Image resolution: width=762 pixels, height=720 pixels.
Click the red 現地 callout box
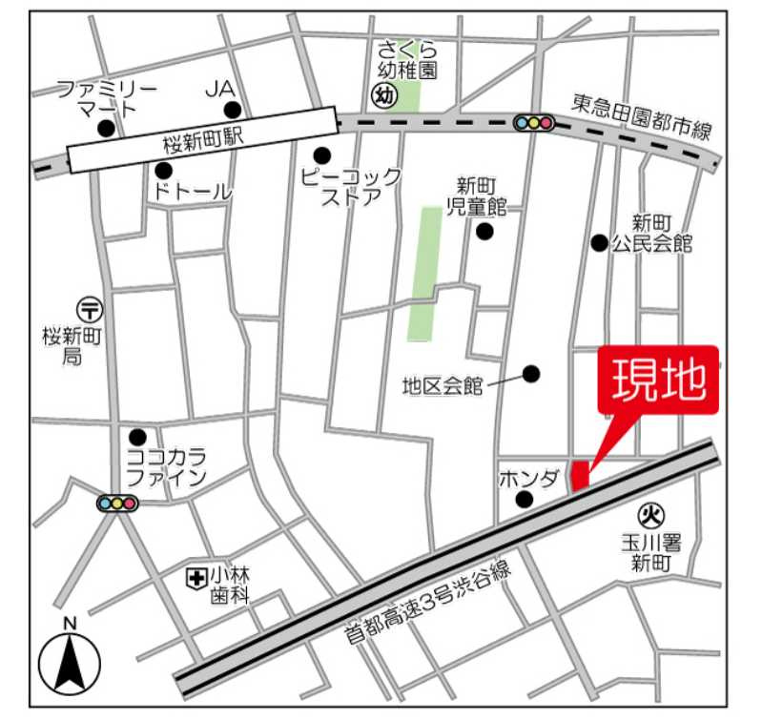pos(657,381)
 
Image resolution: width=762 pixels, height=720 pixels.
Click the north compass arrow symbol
pos(70,663)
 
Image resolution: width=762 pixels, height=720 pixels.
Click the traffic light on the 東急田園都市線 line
pos(534,122)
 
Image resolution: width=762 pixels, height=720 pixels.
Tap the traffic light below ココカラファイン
pos(117,503)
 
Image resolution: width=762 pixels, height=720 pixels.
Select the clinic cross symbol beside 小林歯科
pos(196,576)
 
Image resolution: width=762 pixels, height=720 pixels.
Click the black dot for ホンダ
pos(523,499)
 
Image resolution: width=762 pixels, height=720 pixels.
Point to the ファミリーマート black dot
pos(107,128)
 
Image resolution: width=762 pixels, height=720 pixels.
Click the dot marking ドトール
pos(164,170)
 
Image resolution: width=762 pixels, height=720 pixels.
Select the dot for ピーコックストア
pos(322,155)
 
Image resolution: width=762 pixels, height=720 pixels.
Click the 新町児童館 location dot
pos(485,231)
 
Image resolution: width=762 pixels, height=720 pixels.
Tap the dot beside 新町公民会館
pos(599,242)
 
